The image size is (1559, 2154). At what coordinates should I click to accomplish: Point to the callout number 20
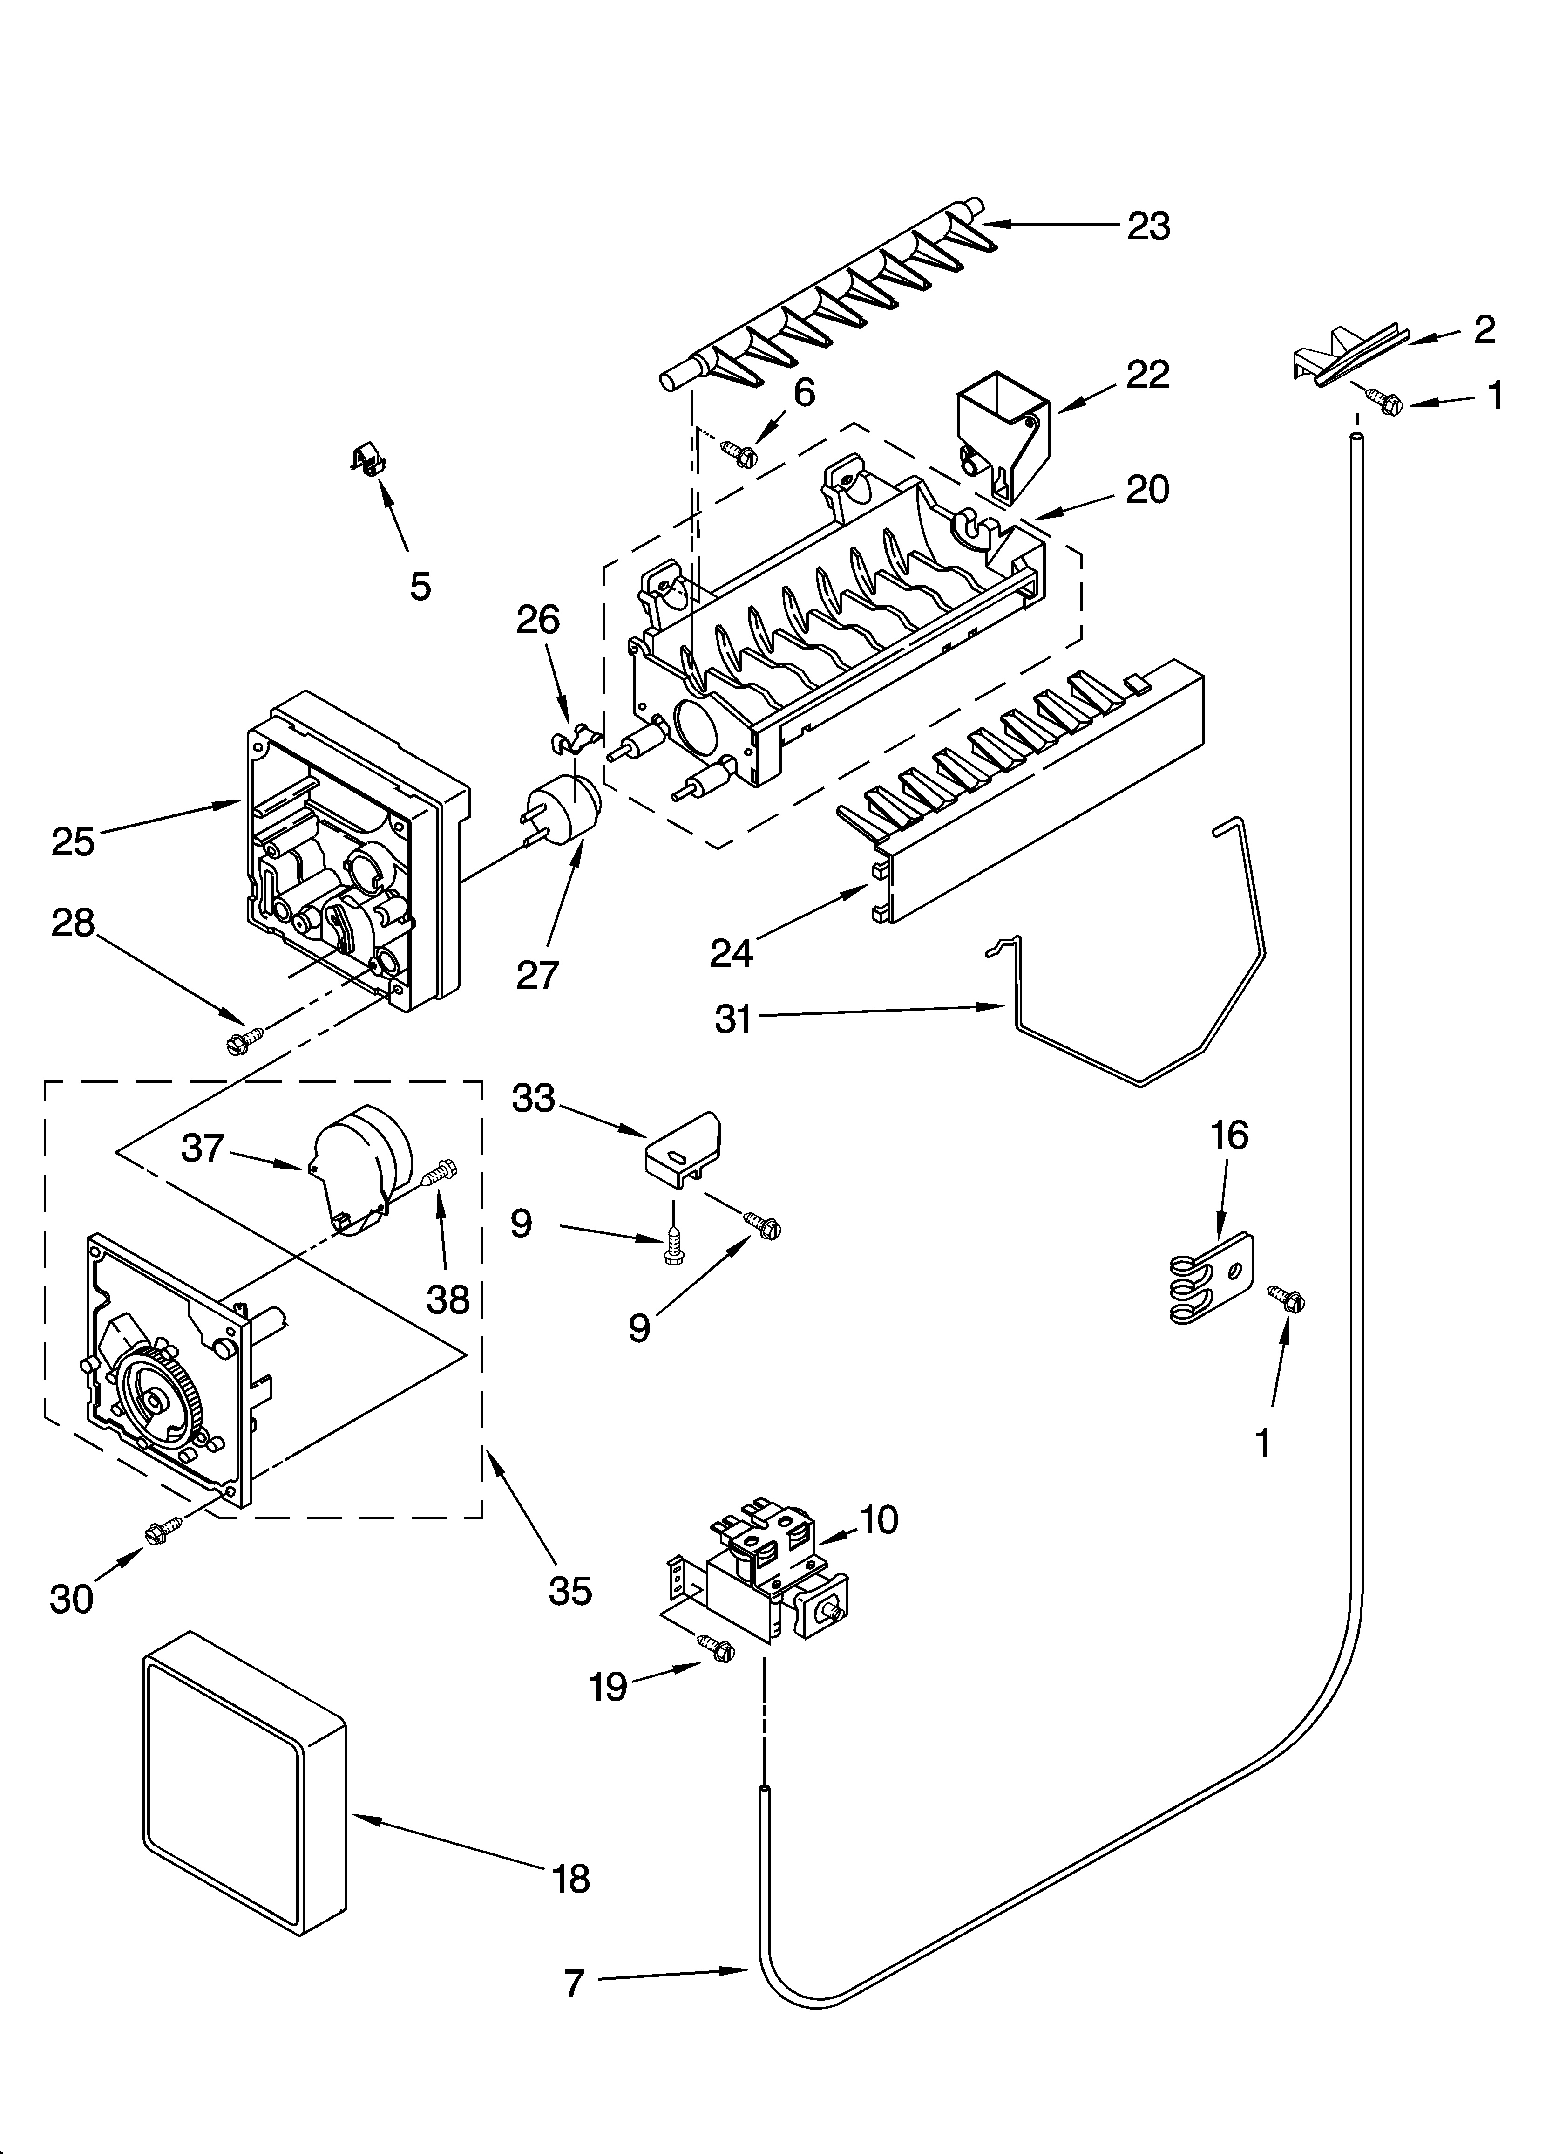[1147, 490]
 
